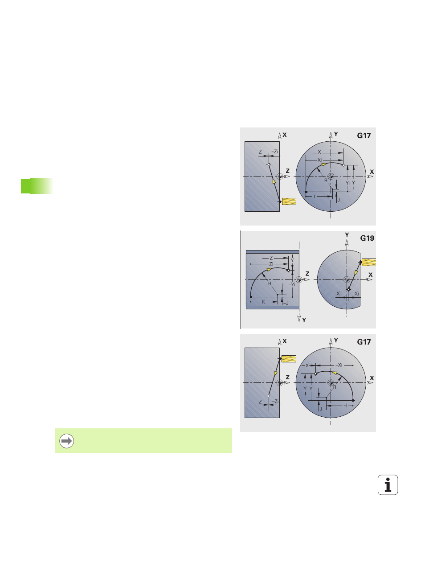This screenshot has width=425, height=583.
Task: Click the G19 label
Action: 367,238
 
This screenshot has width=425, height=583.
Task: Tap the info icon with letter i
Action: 388,484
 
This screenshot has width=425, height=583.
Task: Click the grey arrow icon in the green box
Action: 66,441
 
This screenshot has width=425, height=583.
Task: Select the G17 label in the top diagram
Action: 364,135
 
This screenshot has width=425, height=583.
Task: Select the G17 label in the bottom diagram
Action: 364,342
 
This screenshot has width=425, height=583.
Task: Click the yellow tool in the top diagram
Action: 289,201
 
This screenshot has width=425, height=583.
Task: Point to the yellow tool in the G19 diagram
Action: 369,262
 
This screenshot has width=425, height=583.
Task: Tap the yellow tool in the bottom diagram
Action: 289,359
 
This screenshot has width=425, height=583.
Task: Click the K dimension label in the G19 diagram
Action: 263,302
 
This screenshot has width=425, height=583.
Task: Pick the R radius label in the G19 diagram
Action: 270,283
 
